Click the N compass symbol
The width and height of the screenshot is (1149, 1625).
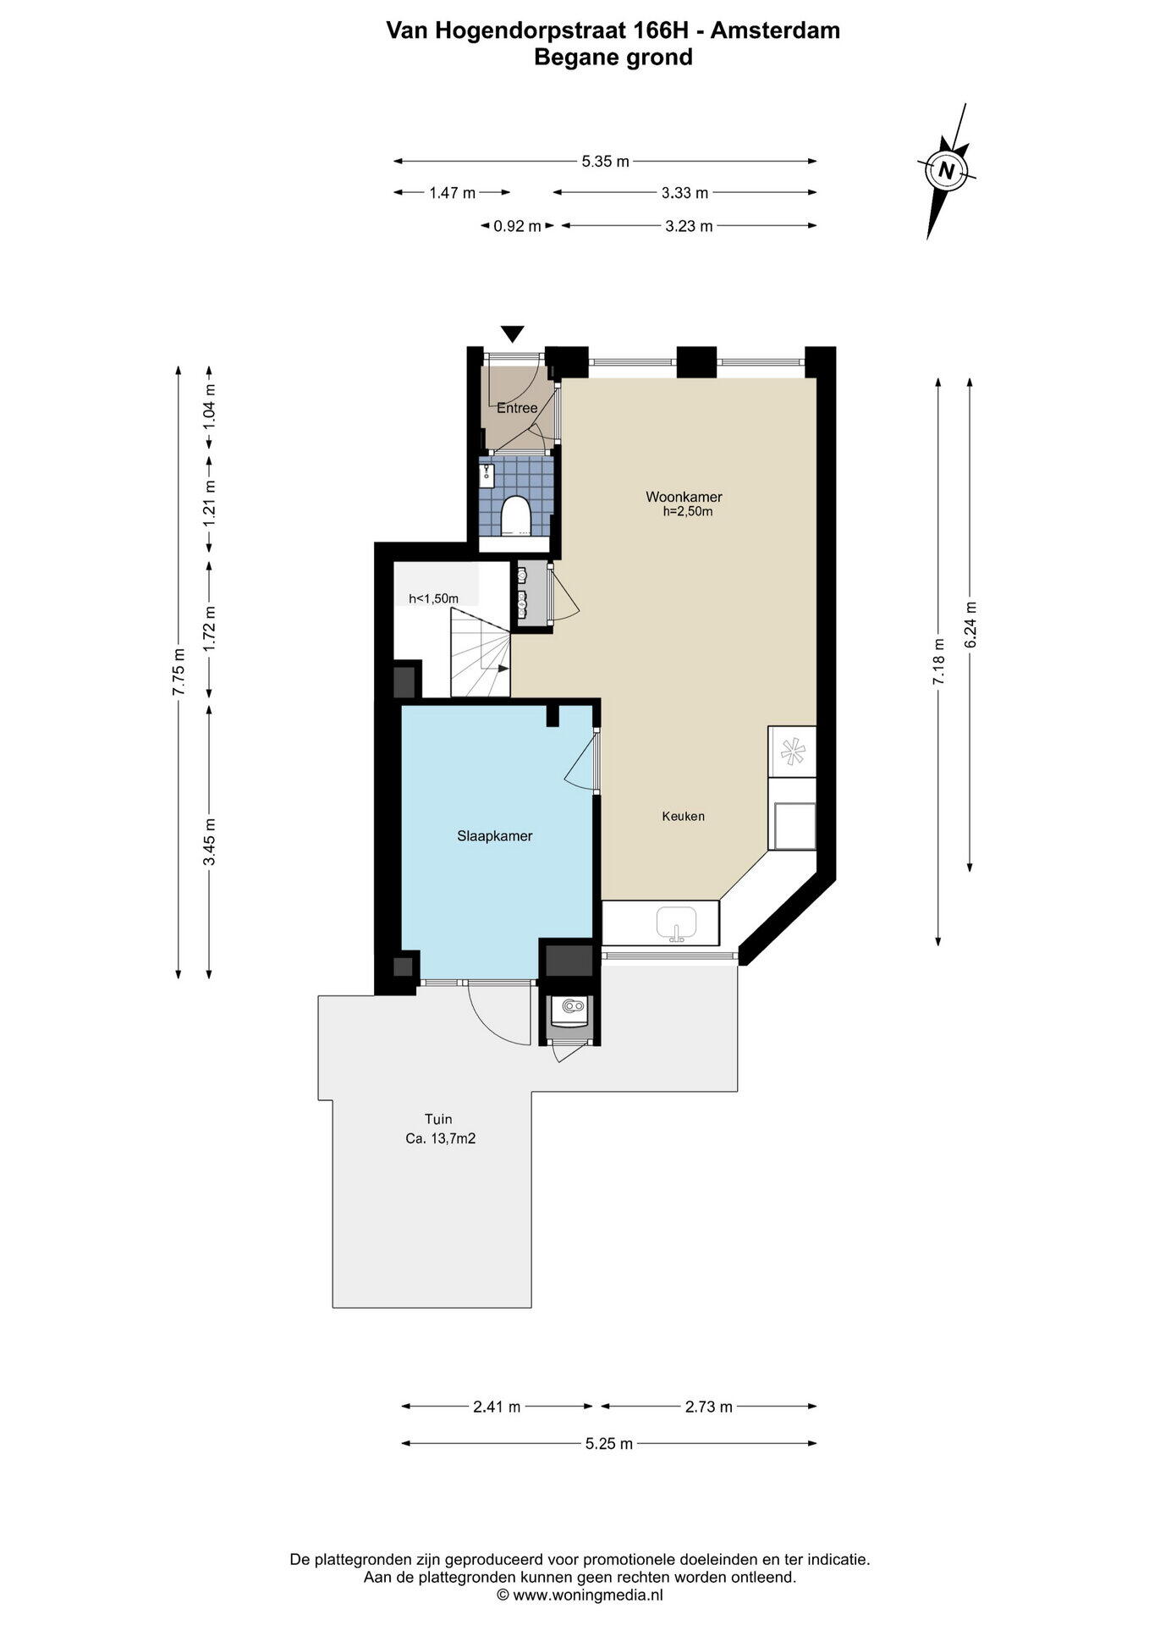(947, 170)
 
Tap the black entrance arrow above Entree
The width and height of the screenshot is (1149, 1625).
(513, 333)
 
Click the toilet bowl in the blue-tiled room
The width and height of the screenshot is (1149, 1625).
(515, 515)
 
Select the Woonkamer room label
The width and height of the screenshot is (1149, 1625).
(684, 497)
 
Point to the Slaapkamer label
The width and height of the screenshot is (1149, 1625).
(495, 836)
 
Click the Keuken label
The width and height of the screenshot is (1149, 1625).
(684, 817)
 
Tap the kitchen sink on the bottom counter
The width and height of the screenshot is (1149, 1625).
(676, 923)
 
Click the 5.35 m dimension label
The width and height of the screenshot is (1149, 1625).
(606, 162)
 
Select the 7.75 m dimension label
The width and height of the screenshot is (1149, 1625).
(179, 672)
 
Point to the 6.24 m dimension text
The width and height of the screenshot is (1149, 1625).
(970, 625)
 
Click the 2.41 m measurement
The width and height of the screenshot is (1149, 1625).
(498, 1407)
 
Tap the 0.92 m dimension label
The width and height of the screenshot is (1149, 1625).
(518, 226)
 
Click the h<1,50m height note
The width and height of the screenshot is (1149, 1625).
(434, 599)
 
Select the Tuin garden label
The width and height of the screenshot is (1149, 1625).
(438, 1120)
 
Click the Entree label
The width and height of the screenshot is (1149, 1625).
(517, 408)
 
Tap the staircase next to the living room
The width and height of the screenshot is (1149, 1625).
(480, 652)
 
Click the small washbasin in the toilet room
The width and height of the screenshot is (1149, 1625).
(487, 475)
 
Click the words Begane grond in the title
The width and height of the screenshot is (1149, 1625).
(613, 57)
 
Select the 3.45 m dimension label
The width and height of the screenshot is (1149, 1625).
(209, 841)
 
